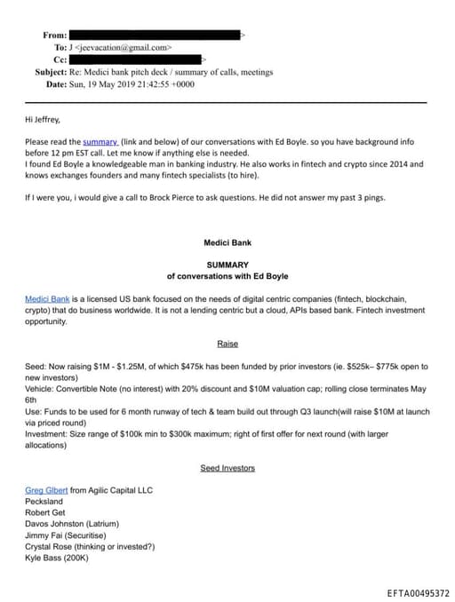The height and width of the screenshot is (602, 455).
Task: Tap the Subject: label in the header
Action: [56, 72]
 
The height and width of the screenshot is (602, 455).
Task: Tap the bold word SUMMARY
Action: [227, 265]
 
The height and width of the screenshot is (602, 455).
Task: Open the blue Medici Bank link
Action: [47, 299]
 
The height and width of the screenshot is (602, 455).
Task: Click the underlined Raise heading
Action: [227, 344]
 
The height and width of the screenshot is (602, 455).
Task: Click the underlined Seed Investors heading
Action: [227, 468]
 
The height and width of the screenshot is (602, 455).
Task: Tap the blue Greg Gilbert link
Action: [46, 490]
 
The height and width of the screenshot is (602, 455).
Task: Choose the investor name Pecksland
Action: [45, 502]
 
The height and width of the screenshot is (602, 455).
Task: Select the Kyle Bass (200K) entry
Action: [57, 558]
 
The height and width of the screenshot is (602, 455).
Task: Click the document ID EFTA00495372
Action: [418, 592]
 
